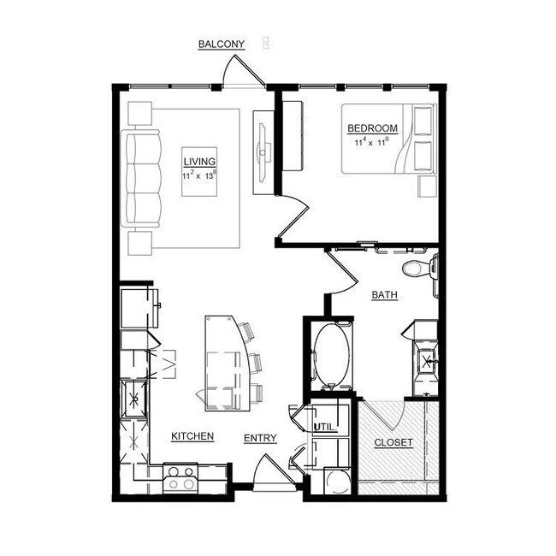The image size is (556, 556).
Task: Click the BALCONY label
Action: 222,44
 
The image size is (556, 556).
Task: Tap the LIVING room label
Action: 198,160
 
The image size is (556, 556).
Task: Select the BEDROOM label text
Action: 372,128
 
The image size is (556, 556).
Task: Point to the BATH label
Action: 384,295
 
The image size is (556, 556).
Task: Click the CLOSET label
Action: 393,443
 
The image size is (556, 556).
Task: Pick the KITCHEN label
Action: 192,436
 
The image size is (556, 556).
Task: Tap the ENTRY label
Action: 260,439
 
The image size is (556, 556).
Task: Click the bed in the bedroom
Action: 389,139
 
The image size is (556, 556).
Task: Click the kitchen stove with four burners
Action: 180,477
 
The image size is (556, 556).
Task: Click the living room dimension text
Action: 198,174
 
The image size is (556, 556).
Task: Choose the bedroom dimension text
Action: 372,141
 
